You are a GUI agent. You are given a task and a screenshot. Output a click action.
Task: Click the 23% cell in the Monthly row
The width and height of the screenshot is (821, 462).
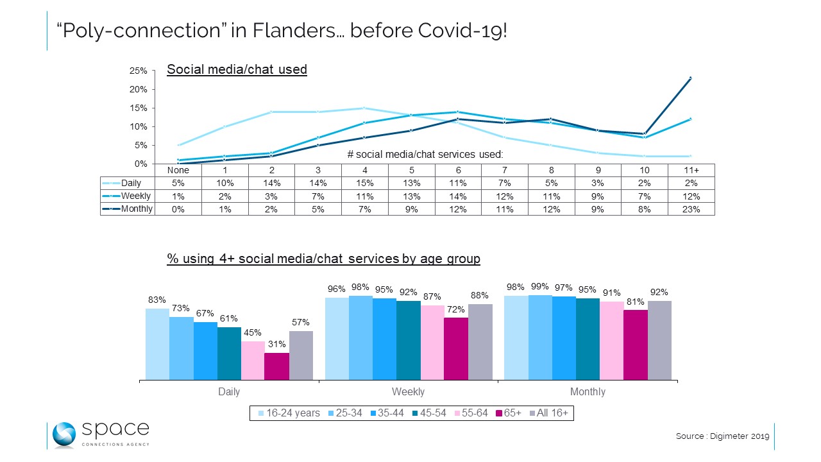point(691,209)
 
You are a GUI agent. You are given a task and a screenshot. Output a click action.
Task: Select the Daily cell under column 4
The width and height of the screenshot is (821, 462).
point(364,184)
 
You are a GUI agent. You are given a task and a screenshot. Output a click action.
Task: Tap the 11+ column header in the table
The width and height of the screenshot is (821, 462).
point(691,171)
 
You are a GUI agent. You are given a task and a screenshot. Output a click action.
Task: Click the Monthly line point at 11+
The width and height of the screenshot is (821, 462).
point(691,78)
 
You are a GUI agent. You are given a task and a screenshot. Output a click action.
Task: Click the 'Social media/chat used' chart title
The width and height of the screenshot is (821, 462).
point(237,69)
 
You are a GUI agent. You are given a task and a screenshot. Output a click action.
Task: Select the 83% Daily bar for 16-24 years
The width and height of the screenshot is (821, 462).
point(157,344)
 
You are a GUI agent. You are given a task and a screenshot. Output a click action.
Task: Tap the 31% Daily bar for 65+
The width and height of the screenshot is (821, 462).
point(276,366)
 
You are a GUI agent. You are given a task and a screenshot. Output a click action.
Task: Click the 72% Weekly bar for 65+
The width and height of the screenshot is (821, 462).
point(456,348)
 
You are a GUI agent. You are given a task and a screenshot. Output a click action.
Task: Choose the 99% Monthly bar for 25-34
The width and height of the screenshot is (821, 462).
point(539,337)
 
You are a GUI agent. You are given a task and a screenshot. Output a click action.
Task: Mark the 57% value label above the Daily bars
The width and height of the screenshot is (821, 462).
point(300,322)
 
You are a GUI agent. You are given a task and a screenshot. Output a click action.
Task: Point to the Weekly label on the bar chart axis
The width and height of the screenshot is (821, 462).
point(408,391)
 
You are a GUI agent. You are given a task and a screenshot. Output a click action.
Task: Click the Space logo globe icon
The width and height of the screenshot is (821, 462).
point(64,434)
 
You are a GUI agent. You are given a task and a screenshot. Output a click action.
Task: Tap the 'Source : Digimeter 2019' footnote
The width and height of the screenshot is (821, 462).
point(722,436)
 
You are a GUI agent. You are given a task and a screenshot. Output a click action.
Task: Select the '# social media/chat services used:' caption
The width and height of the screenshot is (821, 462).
point(425,154)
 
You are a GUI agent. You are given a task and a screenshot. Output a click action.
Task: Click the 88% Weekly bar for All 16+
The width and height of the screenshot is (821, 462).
point(480,341)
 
